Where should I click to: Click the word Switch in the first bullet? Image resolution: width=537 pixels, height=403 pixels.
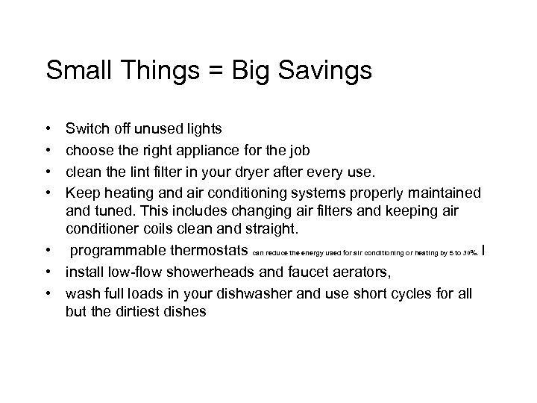point(87,130)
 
